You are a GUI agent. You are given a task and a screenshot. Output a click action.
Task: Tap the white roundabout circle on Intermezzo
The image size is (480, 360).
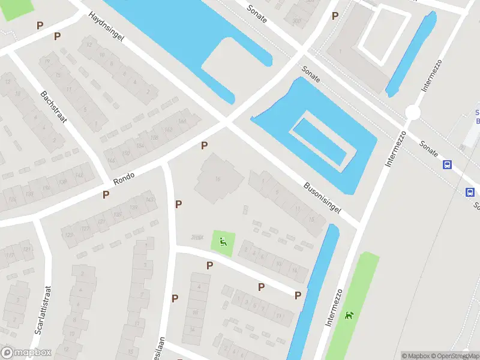pyautogui.click(x=412, y=112)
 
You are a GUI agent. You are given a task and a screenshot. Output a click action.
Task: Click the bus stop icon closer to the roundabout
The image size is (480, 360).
pyautogui.click(x=447, y=164)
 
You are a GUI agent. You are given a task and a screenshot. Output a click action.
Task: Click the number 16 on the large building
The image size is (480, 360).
pyautogui.click(x=218, y=179)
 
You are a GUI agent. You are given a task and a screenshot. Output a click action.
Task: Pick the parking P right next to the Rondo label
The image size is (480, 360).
pyautogui.click(x=106, y=194)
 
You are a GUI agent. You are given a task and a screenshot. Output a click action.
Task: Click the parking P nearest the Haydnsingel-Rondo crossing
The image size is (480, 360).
pyautogui.click(x=204, y=146)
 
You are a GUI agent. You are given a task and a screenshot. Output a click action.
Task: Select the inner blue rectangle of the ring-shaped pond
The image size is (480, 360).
pyautogui.click(x=319, y=142)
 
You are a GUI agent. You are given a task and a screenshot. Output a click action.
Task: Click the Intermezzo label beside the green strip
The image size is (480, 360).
pyautogui.click(x=334, y=307)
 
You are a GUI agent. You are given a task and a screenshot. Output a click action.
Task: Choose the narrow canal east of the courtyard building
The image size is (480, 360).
pyautogui.click(x=410, y=54)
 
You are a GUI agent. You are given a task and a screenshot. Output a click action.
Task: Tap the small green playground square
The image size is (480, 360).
pyautogui.click(x=223, y=242)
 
